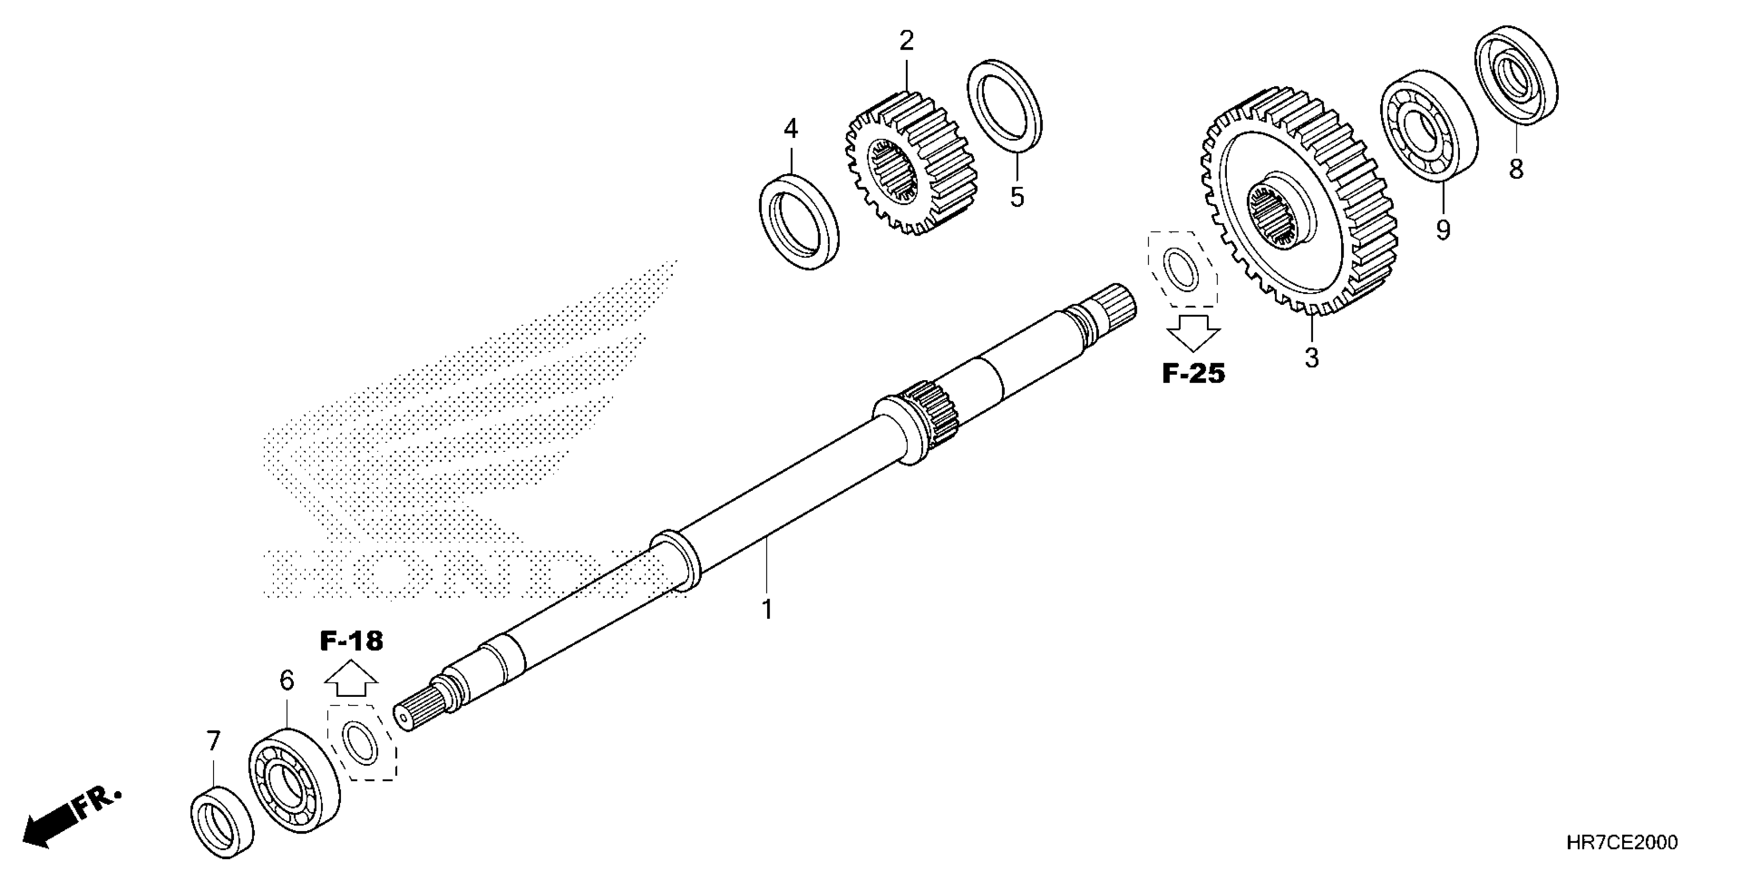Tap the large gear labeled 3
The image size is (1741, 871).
click(x=1298, y=203)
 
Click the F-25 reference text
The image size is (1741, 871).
click(x=1193, y=374)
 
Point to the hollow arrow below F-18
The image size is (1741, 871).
click(x=351, y=679)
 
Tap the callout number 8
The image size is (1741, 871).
click(x=1516, y=169)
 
